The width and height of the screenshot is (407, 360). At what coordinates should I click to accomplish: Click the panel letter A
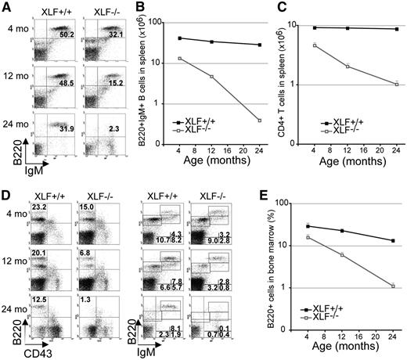[6, 7]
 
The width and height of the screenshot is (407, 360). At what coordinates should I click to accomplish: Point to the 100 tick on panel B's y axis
[164, 23]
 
